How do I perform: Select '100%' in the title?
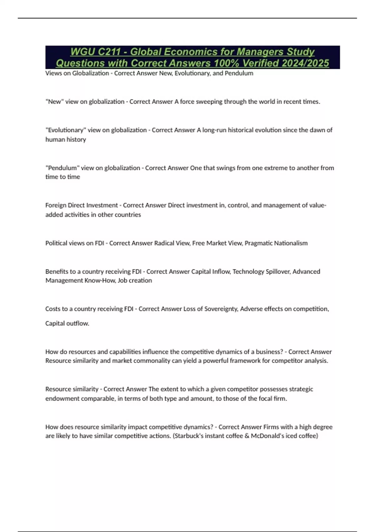click(227, 63)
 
